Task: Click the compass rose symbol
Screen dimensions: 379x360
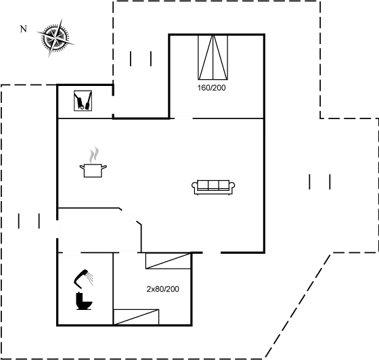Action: pyautogui.click(x=55, y=38)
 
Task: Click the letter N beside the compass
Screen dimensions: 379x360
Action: pyautogui.click(x=23, y=29)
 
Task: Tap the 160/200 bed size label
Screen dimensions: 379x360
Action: pyautogui.click(x=211, y=88)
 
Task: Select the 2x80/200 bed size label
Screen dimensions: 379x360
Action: pyautogui.click(x=162, y=289)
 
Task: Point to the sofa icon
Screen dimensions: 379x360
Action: pyautogui.click(x=213, y=187)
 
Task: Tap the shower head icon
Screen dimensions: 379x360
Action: pyautogui.click(x=83, y=279)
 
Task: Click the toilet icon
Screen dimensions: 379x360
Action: pyautogui.click(x=84, y=301)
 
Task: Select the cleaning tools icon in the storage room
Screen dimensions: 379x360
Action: pyautogui.click(x=83, y=101)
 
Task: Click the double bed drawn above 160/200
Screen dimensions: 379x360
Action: pyautogui.click(x=213, y=58)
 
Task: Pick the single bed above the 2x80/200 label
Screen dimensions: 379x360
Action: pyautogui.click(x=169, y=261)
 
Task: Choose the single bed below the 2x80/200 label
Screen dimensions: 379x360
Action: pyautogui.click(x=136, y=317)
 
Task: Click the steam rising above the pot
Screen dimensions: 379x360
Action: pyautogui.click(x=94, y=155)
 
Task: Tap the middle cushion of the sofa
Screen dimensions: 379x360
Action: pyautogui.click(x=213, y=185)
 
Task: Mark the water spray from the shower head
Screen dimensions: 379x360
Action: pyautogui.click(x=90, y=278)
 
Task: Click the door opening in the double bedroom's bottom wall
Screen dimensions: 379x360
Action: pyautogui.click(x=183, y=118)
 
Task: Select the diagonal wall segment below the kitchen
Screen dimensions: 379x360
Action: pyautogui.click(x=130, y=217)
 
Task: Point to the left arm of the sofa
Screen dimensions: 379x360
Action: pyautogui.click(x=195, y=187)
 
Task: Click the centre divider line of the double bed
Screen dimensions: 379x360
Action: pyautogui.click(x=213, y=58)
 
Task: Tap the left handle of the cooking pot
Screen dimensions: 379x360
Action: pyautogui.click(x=82, y=166)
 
